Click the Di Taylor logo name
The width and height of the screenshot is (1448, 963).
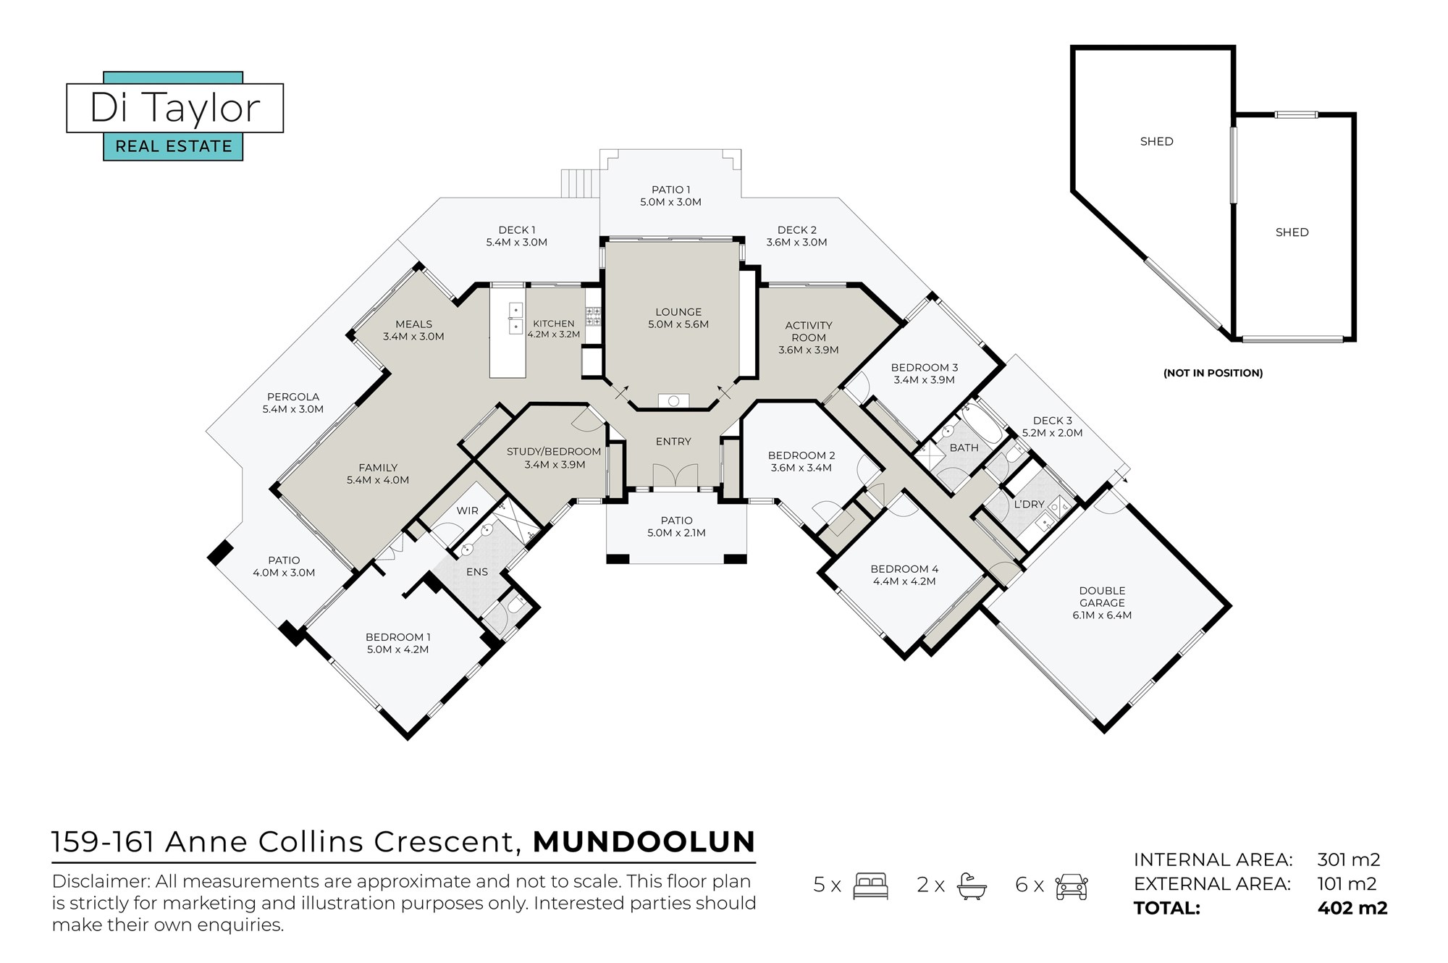pyautogui.click(x=174, y=108)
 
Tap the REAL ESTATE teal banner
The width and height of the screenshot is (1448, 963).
pyautogui.click(x=173, y=146)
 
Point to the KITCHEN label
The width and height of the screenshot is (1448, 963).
pyautogui.click(x=553, y=324)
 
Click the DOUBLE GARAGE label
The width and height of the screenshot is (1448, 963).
pyautogui.click(x=1102, y=597)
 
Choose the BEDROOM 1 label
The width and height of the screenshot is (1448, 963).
pyautogui.click(x=397, y=637)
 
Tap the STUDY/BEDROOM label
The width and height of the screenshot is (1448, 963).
pyautogui.click(x=554, y=451)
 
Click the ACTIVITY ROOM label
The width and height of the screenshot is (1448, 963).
pyautogui.click(x=809, y=332)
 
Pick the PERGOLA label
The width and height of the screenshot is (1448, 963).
pyautogui.click(x=292, y=397)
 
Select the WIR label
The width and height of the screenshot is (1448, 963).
pyautogui.click(x=467, y=510)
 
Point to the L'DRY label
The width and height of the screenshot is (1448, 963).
pyautogui.click(x=1029, y=504)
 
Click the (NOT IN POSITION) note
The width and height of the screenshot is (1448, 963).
pyautogui.click(x=1213, y=373)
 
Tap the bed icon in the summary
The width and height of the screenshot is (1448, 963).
pyautogui.click(x=870, y=886)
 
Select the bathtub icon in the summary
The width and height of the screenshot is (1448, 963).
pyautogui.click(x=972, y=886)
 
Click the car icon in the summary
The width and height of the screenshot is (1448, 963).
pyautogui.click(x=1072, y=886)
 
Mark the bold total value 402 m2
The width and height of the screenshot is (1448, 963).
pyautogui.click(x=1352, y=908)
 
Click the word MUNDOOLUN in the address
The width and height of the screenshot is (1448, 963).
pyautogui.click(x=644, y=842)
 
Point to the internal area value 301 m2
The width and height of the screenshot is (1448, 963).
pyautogui.click(x=1349, y=859)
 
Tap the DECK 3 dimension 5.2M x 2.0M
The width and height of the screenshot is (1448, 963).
pyautogui.click(x=1052, y=433)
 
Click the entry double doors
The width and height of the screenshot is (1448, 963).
pyautogui.click(x=673, y=476)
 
